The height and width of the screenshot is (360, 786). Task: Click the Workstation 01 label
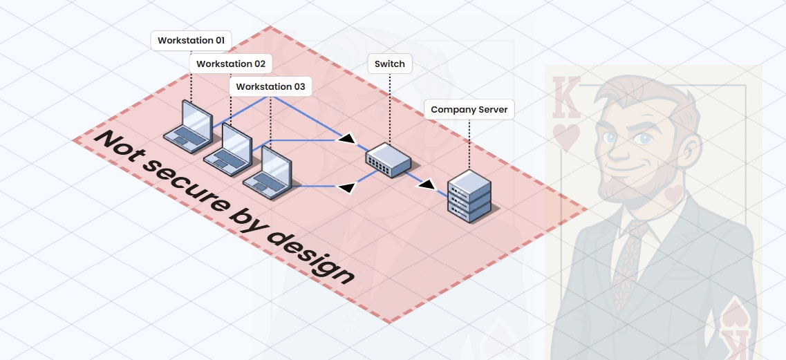point(191,41)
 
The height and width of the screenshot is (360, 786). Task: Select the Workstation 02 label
point(230,64)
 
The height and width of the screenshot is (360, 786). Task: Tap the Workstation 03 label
point(270,87)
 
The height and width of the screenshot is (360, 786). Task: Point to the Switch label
point(389,64)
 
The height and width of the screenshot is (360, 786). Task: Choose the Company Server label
point(469,110)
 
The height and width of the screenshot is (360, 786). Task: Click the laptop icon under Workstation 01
point(188,126)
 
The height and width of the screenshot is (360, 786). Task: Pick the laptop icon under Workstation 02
point(227,149)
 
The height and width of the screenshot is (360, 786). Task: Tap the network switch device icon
point(388,160)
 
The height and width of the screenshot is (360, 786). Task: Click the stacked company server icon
point(469,196)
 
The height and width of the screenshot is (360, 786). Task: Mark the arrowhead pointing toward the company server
point(428,184)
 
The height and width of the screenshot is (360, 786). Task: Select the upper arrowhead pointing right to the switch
point(346,139)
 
